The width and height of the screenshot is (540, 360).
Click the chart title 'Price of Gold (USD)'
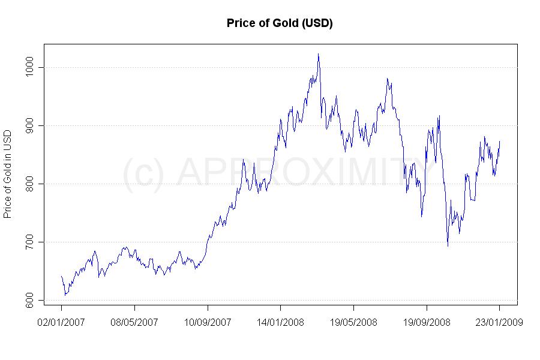[x=280, y=23]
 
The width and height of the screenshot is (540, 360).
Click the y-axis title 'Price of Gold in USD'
[x=8, y=173]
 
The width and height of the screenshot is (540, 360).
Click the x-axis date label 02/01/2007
[x=61, y=322]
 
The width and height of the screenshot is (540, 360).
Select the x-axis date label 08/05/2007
[x=134, y=322]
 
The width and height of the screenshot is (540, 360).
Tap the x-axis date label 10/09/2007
[x=208, y=322]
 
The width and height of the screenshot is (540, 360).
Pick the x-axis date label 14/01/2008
[x=280, y=322]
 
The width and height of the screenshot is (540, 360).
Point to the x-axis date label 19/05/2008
[x=353, y=322]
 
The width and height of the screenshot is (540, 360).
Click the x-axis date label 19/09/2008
[x=427, y=322]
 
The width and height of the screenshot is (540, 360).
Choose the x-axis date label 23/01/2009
[x=499, y=322]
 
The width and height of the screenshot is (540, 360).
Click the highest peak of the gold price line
[x=318, y=54]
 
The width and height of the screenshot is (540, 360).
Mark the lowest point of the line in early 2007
[x=65, y=295]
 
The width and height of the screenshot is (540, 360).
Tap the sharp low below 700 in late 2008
[x=448, y=246]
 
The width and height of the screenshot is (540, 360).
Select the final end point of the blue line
[x=500, y=141]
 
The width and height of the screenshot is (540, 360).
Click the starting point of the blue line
[x=61, y=276]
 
